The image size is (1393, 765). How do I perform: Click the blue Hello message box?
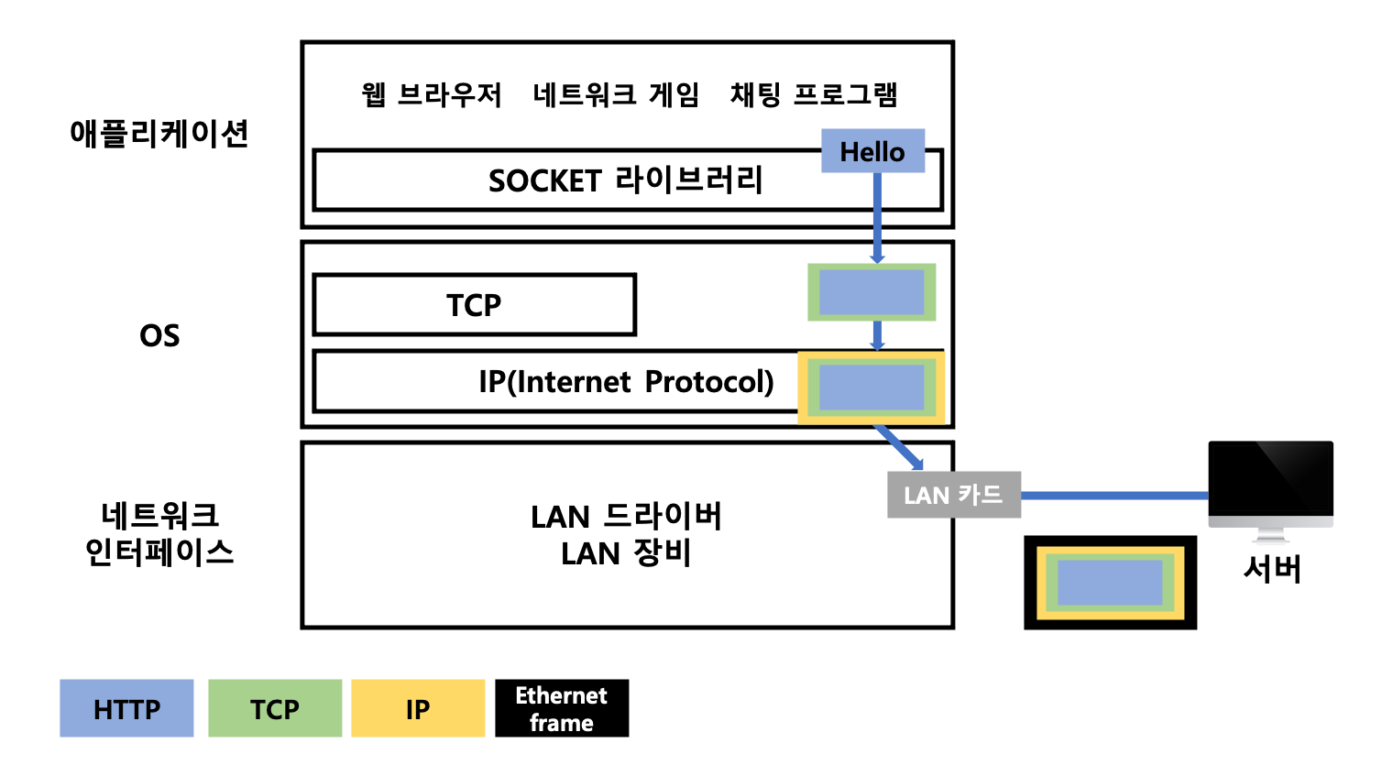(x=872, y=151)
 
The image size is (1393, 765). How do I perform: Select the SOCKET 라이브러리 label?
(x=625, y=180)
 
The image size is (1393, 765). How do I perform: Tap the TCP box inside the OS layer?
(x=474, y=305)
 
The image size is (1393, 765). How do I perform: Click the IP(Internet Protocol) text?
(x=626, y=381)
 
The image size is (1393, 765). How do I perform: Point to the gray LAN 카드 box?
(x=953, y=495)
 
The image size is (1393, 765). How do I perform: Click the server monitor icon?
(x=1270, y=486)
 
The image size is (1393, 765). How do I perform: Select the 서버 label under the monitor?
(x=1271, y=569)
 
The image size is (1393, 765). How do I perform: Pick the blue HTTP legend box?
(x=126, y=708)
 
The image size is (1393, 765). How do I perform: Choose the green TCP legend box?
(x=275, y=708)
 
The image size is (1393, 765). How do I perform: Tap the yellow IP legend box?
(x=418, y=708)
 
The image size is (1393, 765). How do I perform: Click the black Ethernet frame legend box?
(x=562, y=708)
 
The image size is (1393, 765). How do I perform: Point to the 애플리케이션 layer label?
(x=159, y=134)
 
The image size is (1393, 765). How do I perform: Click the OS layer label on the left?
(x=159, y=335)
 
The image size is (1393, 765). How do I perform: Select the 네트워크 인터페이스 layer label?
(x=159, y=534)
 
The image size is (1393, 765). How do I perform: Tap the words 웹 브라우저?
(x=432, y=94)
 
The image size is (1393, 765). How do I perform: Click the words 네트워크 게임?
(x=616, y=94)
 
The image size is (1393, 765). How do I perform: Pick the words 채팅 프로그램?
(x=814, y=94)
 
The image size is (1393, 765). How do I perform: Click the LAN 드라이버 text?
(x=626, y=517)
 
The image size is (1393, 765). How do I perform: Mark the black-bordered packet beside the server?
(x=1110, y=583)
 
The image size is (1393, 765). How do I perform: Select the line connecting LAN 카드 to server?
(x=1113, y=496)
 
